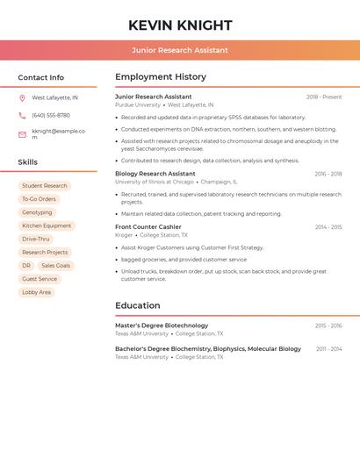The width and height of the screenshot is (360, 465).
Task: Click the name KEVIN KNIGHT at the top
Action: point(180,25)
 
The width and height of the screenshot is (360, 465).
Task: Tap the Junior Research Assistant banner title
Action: point(180,50)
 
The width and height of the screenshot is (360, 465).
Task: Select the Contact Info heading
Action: point(41,77)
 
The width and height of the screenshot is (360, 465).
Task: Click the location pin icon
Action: point(22,98)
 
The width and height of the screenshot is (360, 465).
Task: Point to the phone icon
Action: point(22,116)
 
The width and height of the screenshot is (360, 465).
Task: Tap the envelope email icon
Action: point(22,134)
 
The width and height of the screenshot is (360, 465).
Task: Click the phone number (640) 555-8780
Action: point(51,116)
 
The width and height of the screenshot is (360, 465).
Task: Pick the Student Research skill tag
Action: point(45,186)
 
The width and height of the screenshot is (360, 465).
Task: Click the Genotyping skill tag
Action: point(37,212)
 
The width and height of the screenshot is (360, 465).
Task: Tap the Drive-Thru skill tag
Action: point(36,239)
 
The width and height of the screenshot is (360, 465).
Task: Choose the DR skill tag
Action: point(26,266)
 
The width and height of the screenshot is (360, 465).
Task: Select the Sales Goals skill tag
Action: point(55,266)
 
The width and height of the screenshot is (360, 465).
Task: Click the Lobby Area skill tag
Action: point(37,292)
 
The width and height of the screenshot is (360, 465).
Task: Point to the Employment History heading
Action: point(161,77)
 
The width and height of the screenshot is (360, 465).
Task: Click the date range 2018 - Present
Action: point(323,97)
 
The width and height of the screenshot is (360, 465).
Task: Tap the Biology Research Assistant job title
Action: point(155,174)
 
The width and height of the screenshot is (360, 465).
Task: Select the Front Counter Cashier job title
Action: point(148,227)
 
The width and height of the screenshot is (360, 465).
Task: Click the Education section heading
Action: point(138,305)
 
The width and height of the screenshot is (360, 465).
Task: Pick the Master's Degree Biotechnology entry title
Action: point(162,325)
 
